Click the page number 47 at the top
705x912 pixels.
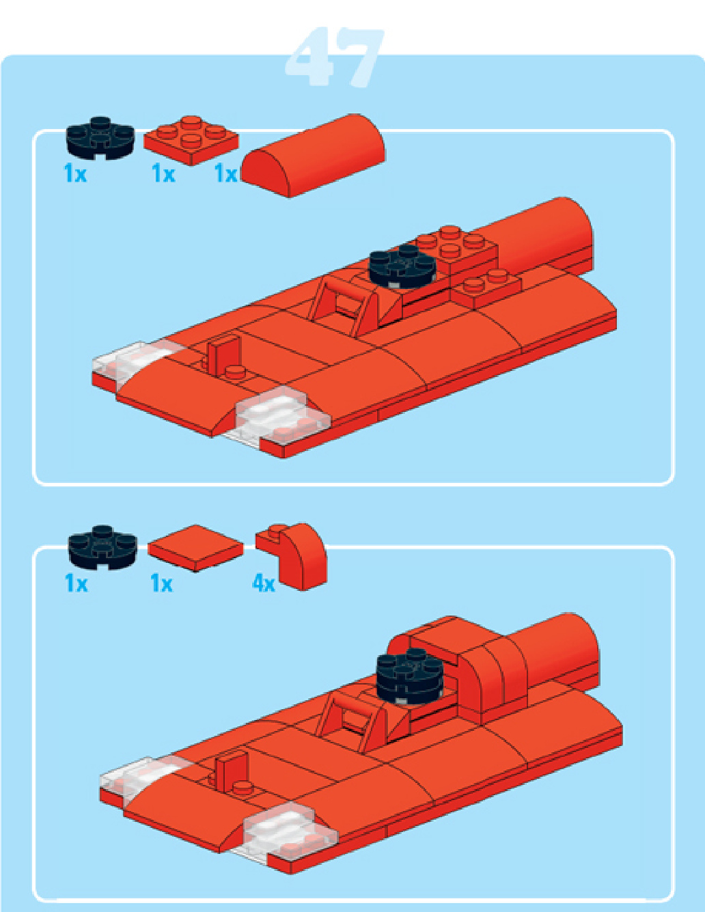pyautogui.click(x=335, y=57)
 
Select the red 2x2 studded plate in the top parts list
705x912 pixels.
pyautogui.click(x=191, y=139)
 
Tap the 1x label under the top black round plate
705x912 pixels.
pyautogui.click(x=75, y=174)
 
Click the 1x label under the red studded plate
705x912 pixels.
pyautogui.click(x=163, y=174)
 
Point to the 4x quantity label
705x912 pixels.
pyautogui.click(x=264, y=583)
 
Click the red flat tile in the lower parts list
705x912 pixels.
pyautogui.click(x=195, y=547)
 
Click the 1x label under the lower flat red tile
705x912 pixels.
pyautogui.click(x=161, y=583)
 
